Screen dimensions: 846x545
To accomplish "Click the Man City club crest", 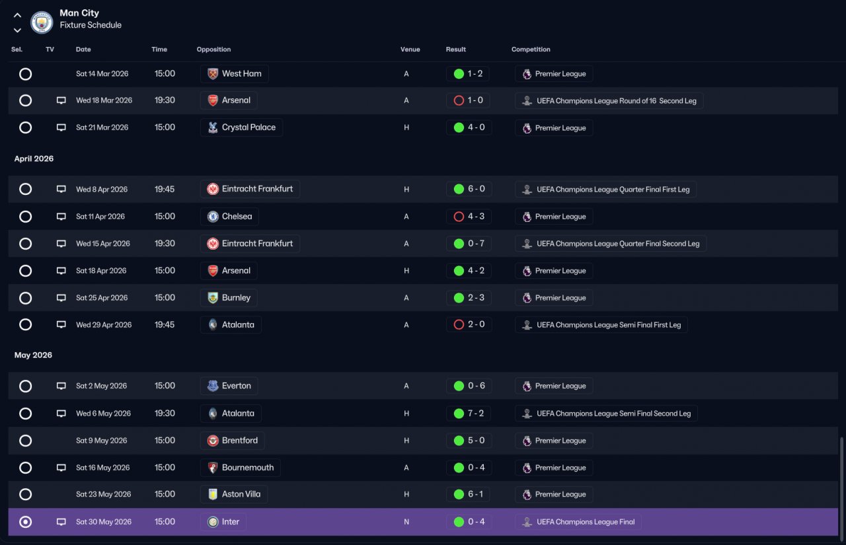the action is pyautogui.click(x=42, y=22).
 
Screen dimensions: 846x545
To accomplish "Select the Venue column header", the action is pyautogui.click(x=410, y=50).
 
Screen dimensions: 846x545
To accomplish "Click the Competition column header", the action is pyautogui.click(x=531, y=50).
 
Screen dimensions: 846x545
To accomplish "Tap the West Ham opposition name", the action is pyautogui.click(x=241, y=73).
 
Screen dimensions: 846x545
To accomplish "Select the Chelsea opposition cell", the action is pyautogui.click(x=229, y=216).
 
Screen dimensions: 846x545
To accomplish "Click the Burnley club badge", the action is pyautogui.click(x=213, y=298).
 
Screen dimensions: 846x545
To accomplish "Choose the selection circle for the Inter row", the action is pyautogui.click(x=25, y=522).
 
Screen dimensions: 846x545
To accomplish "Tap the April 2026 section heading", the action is pyautogui.click(x=34, y=159).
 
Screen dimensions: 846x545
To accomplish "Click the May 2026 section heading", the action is pyautogui.click(x=33, y=355).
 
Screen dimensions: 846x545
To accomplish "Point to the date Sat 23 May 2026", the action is pyautogui.click(x=104, y=494).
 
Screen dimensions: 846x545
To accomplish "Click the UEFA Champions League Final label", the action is pyautogui.click(x=586, y=522).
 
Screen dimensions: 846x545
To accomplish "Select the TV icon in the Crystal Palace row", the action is pyautogui.click(x=61, y=127).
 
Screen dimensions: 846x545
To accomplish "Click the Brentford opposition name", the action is pyautogui.click(x=240, y=441).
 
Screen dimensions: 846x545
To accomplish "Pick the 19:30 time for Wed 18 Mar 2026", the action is pyautogui.click(x=165, y=100).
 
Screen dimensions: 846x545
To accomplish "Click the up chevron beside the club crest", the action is pyautogui.click(x=17, y=15).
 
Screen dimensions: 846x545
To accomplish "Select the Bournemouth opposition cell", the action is pyautogui.click(x=240, y=468).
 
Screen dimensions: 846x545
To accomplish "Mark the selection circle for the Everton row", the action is pyautogui.click(x=25, y=386).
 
